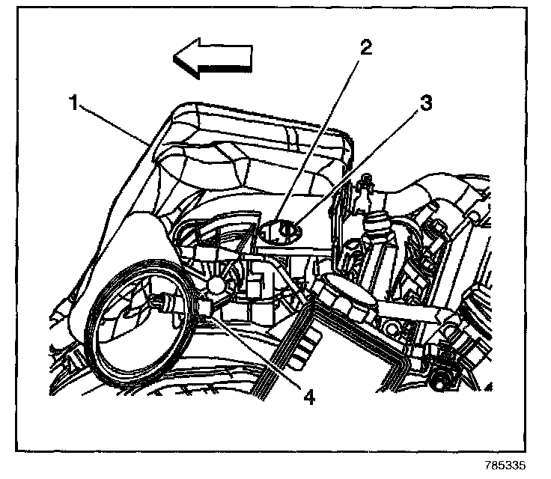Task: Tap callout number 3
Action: tap(424, 103)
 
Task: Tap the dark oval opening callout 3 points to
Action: tap(282, 231)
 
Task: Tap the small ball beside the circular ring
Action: tap(218, 286)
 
